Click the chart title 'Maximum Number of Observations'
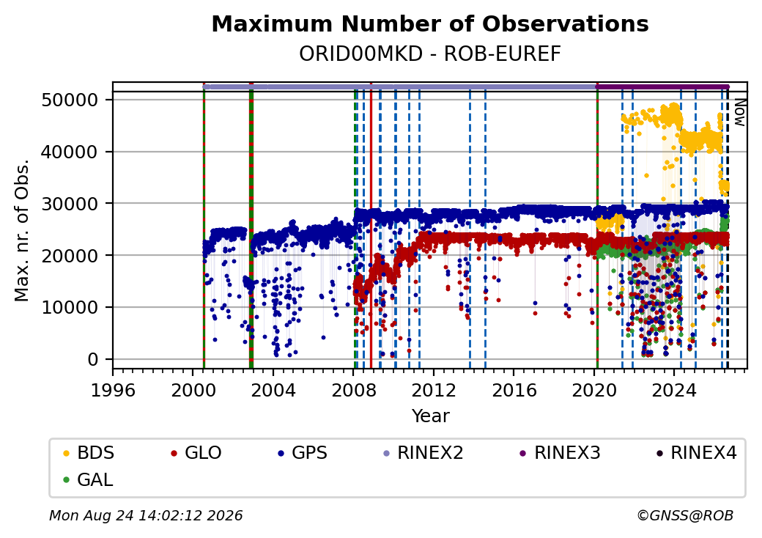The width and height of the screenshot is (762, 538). [430, 23]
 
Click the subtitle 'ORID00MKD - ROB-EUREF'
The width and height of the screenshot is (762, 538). [430, 54]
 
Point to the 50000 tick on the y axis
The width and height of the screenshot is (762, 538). [70, 100]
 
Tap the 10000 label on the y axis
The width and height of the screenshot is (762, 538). [70, 308]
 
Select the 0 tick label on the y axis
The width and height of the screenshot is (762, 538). [93, 360]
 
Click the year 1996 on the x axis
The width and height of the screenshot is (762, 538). [114, 390]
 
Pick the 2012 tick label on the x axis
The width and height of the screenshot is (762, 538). [434, 390]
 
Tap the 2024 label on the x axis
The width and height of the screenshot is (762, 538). [674, 390]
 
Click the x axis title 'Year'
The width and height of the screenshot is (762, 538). [431, 416]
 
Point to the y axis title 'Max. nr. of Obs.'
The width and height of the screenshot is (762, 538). [22, 230]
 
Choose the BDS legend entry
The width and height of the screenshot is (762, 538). [89, 453]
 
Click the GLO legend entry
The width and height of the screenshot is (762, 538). [196, 453]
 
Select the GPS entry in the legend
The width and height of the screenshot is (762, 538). [303, 453]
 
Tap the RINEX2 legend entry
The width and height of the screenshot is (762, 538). [423, 453]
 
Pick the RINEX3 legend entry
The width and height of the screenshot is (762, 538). [561, 453]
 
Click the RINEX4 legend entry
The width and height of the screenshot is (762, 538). [697, 453]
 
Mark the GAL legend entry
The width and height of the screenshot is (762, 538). [88, 479]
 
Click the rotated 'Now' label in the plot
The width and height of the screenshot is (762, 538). [739, 112]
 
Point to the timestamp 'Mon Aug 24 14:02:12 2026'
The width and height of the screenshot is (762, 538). [146, 515]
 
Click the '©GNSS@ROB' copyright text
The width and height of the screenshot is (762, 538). [685, 515]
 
